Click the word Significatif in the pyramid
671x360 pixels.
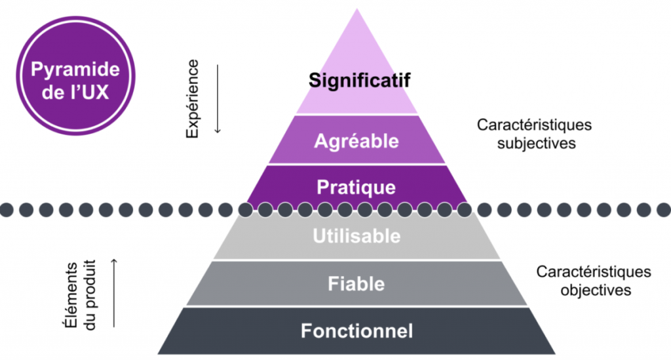(x=359, y=82)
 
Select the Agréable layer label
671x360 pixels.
(x=356, y=140)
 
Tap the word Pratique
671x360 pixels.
(x=356, y=187)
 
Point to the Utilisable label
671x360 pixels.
(x=356, y=235)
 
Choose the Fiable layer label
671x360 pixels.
(x=356, y=284)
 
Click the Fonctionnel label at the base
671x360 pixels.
(x=356, y=331)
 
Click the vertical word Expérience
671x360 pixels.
(x=192, y=99)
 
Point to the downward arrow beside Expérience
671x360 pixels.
(x=218, y=99)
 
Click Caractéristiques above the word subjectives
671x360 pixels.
(x=525, y=125)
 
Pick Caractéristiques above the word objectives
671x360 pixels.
(x=594, y=271)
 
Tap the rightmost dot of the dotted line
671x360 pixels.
(x=663, y=210)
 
